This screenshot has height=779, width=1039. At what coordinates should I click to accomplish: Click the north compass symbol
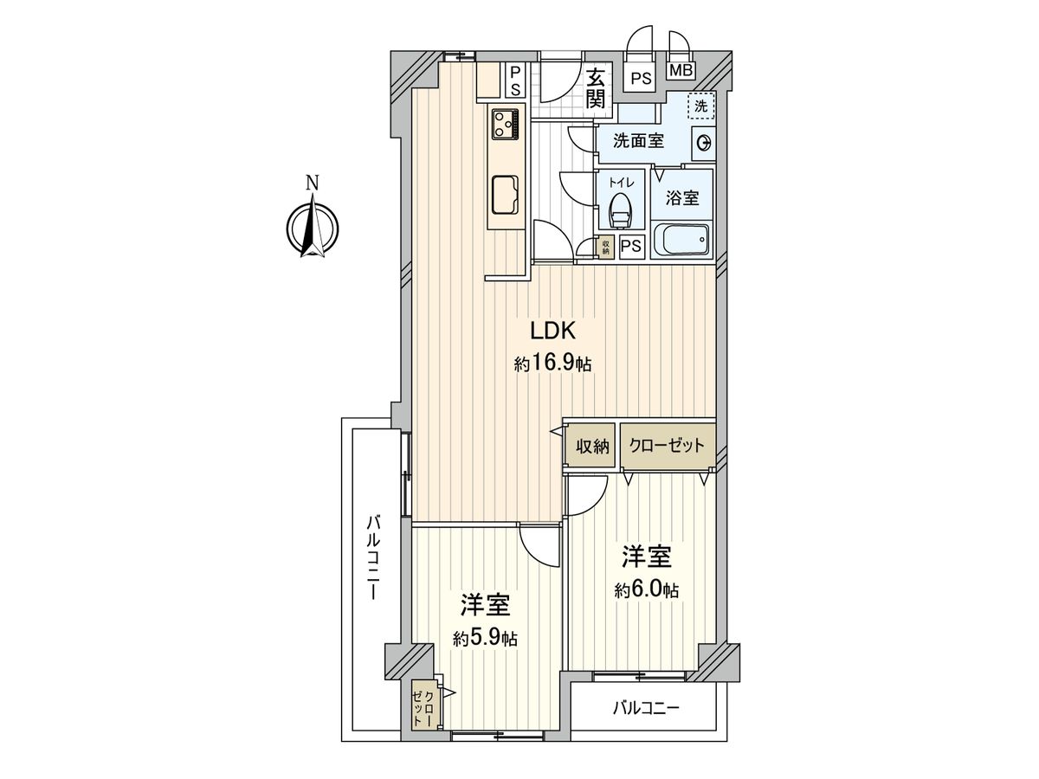click(313, 227)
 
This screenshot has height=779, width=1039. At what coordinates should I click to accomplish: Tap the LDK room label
click(552, 331)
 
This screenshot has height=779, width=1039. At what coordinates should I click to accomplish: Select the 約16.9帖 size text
click(552, 364)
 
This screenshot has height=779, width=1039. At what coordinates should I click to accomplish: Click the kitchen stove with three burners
click(506, 124)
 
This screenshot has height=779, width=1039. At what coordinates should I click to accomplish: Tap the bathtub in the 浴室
click(681, 240)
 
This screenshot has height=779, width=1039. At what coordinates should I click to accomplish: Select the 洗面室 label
click(638, 141)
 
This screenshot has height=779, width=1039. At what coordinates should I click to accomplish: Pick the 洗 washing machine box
click(702, 106)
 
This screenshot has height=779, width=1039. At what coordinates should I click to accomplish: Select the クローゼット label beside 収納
click(668, 447)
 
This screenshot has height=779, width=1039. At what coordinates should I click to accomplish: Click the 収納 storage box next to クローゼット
click(590, 447)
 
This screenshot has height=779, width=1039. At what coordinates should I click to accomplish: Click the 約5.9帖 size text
click(485, 639)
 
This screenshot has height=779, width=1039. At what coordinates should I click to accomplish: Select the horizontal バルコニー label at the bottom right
click(646, 708)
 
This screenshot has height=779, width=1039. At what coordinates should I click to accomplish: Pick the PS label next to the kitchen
click(514, 80)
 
